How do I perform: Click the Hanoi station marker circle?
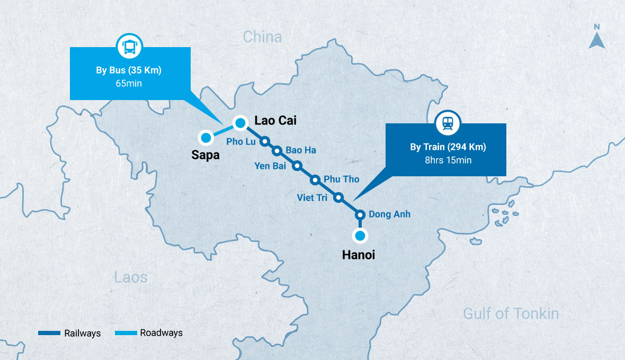pyautogui.click(x=360, y=236)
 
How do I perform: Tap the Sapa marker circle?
pyautogui.click(x=206, y=138)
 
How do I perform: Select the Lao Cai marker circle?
pyautogui.click(x=240, y=123)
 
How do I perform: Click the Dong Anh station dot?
pyautogui.click(x=360, y=214)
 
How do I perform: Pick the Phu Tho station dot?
pyautogui.click(x=315, y=179)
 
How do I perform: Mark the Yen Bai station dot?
pyautogui.click(x=297, y=166)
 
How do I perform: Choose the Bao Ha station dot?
pyautogui.click(x=276, y=150)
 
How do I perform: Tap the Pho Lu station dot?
pyautogui.click(x=265, y=141)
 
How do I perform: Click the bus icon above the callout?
pyautogui.click(x=129, y=47)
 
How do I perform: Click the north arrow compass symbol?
pyautogui.click(x=597, y=38)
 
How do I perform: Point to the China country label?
pyautogui.click(x=262, y=37)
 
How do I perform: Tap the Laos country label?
pyautogui.click(x=131, y=277)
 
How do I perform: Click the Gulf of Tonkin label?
pyautogui.click(x=511, y=313)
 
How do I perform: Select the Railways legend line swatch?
pyautogui.click(x=50, y=333)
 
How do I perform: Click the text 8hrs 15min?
pyautogui.click(x=448, y=160)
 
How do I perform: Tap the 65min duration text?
pyautogui.click(x=129, y=83)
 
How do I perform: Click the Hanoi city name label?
pyautogui.click(x=359, y=255)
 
